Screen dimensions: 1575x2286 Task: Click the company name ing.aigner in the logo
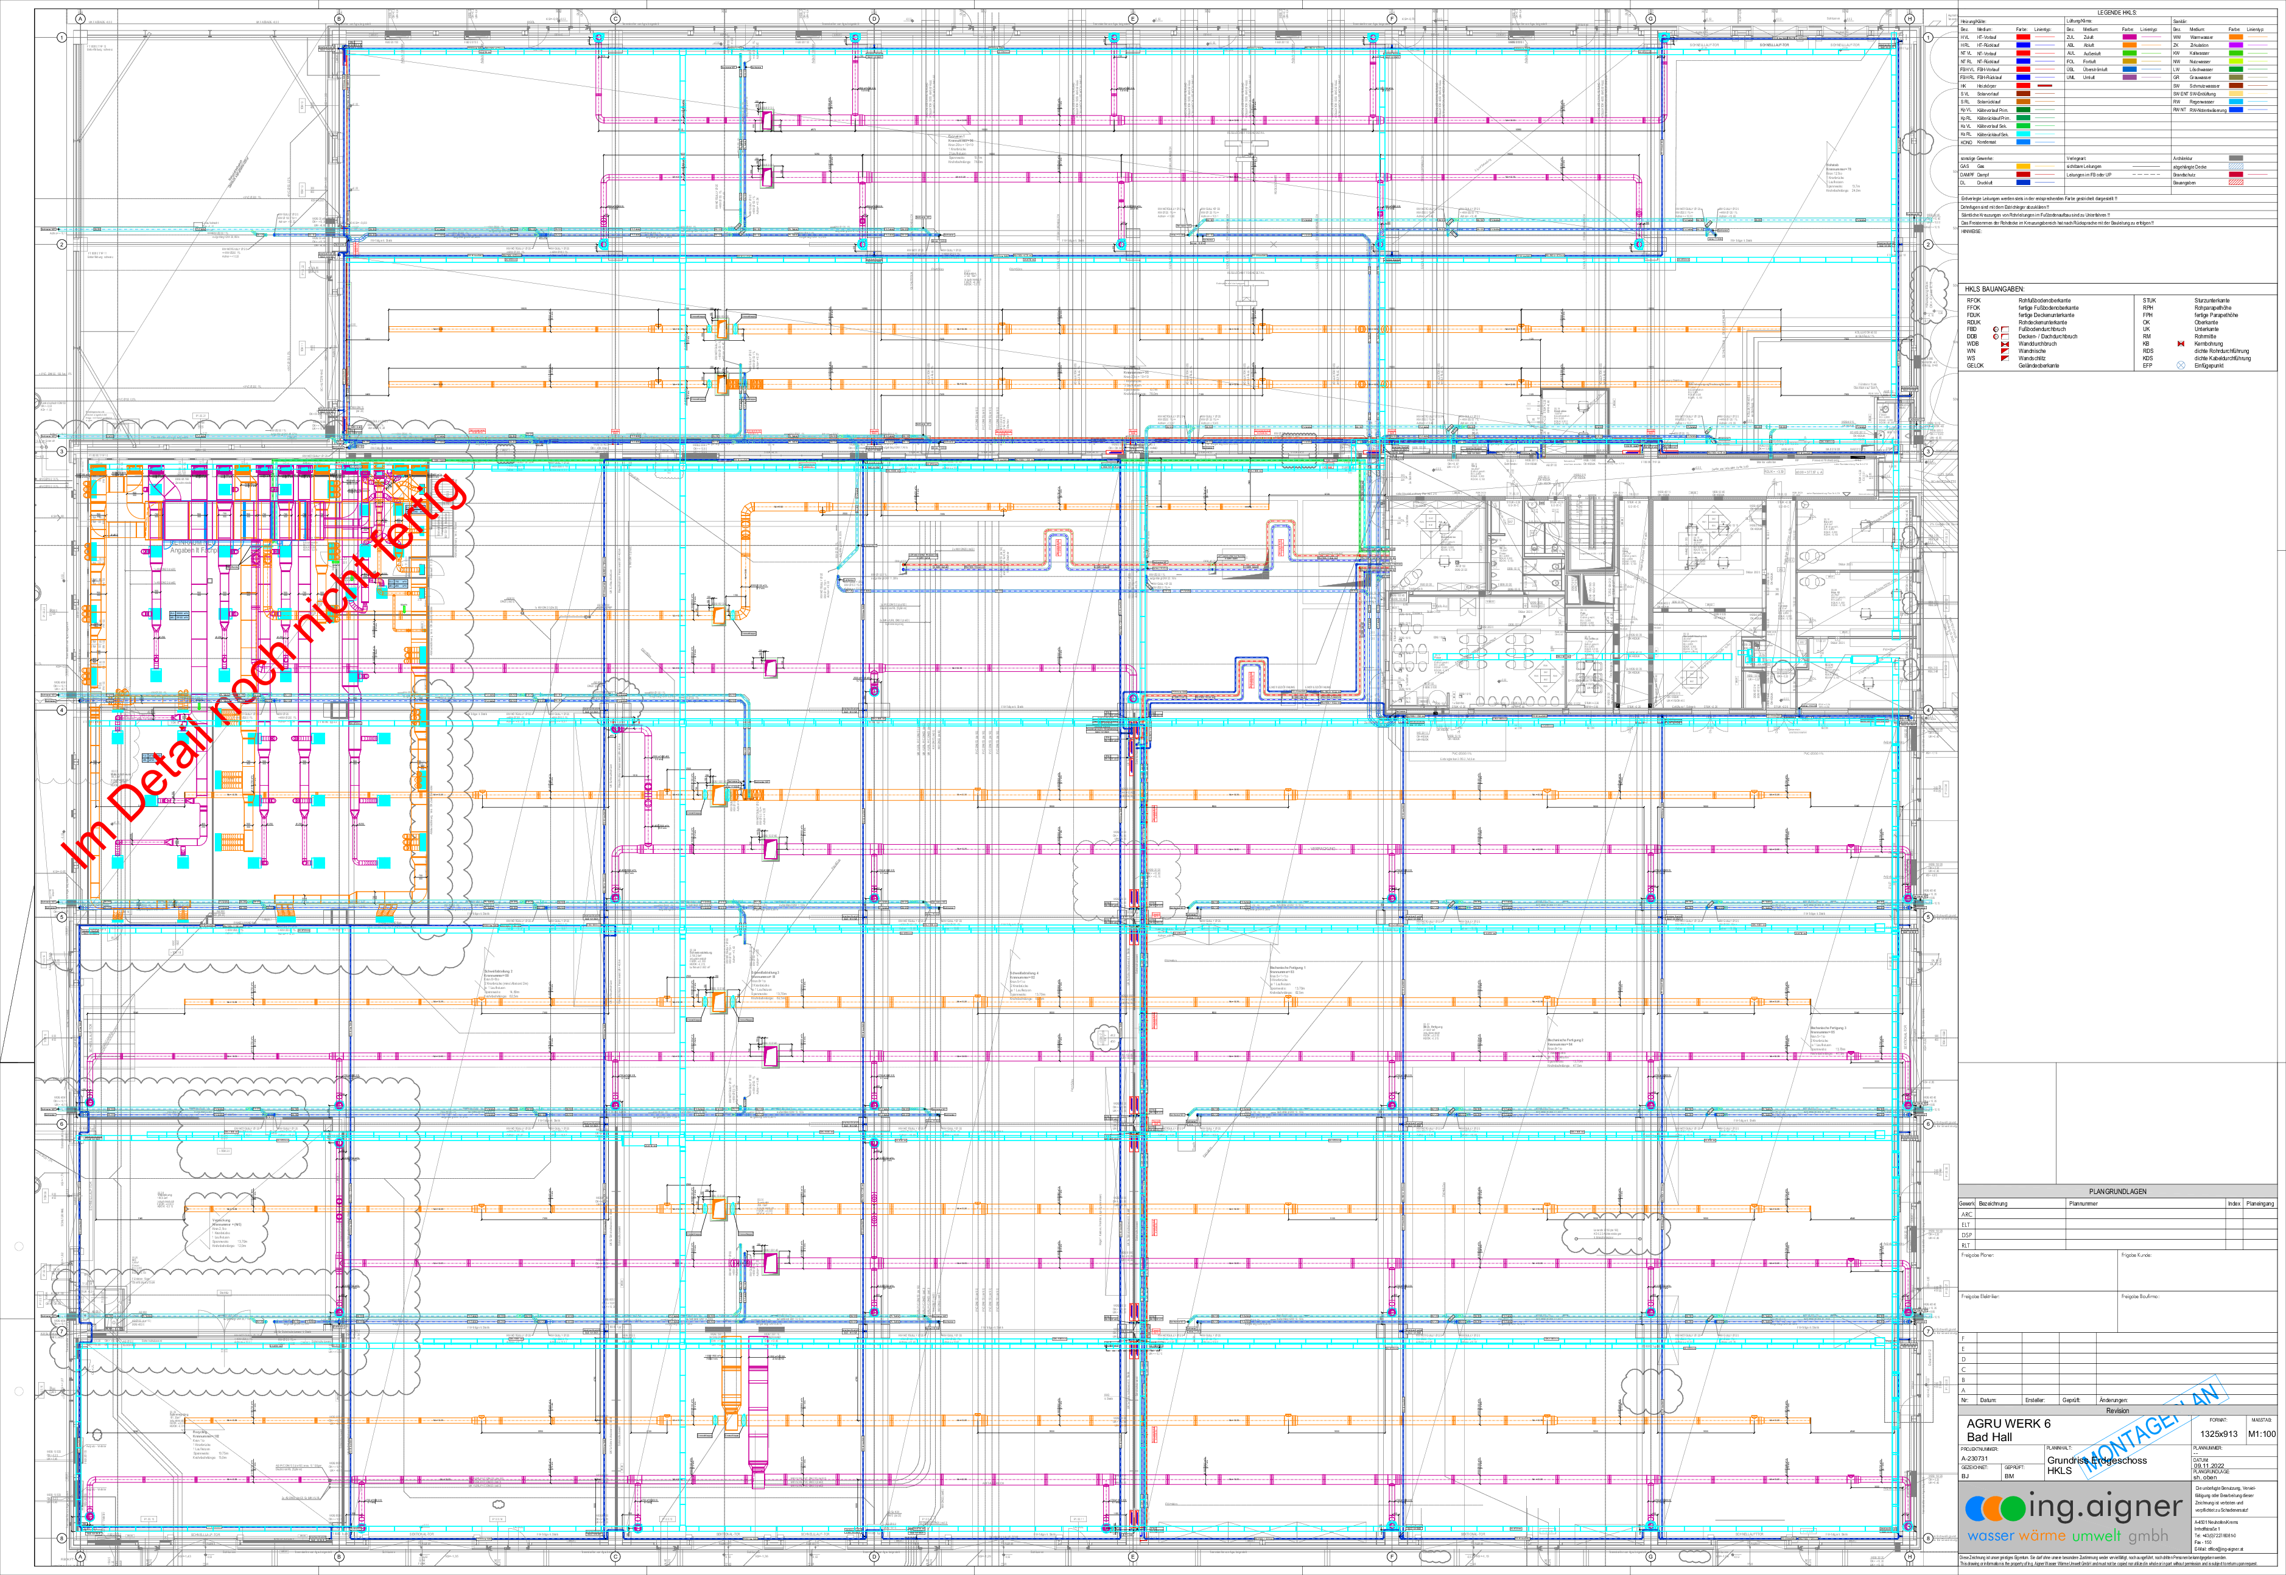click(2105, 1507)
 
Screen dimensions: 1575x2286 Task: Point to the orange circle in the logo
click(1995, 1509)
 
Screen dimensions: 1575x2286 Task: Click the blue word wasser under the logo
click(1990, 1535)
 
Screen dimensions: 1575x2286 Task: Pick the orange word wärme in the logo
click(2042, 1535)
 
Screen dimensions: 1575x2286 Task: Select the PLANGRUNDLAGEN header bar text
click(2117, 1191)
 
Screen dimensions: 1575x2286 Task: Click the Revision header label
click(2117, 1410)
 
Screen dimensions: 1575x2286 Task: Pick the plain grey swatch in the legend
click(2235, 158)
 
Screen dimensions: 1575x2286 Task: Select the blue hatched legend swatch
click(2235, 166)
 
